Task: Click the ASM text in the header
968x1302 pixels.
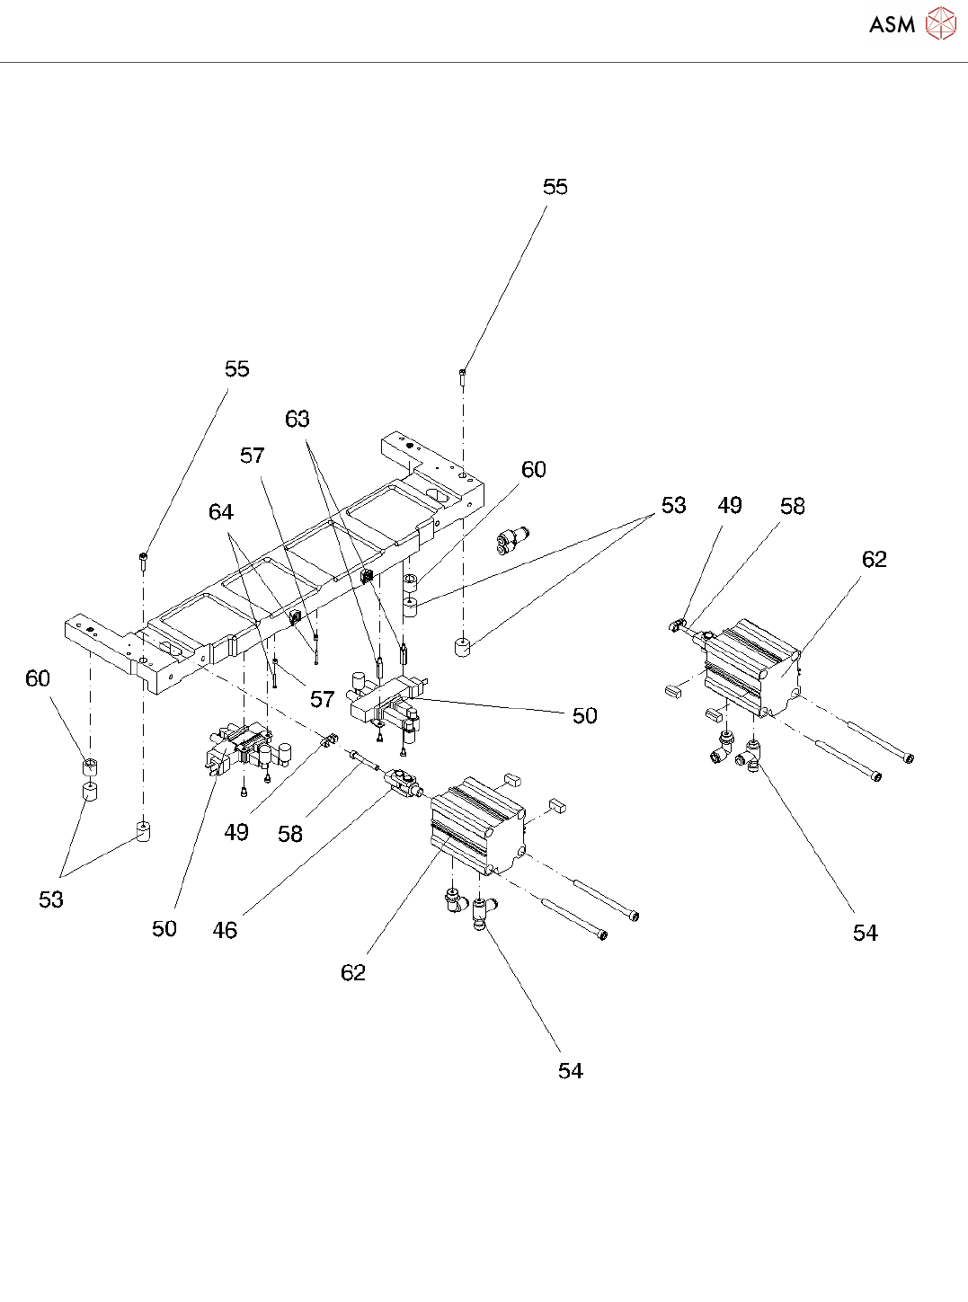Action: point(892,25)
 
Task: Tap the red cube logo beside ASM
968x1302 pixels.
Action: point(941,24)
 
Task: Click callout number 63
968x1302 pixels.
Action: point(298,420)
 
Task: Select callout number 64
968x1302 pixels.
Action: point(221,512)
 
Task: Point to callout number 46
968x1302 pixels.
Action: point(225,931)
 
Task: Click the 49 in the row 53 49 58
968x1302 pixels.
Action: point(730,506)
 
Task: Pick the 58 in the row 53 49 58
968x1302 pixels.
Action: point(793,507)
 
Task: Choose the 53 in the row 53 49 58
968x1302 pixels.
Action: point(674,506)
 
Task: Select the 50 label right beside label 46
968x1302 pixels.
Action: point(164,929)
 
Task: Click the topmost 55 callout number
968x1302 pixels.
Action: point(555,187)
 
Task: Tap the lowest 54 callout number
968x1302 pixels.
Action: point(571,1071)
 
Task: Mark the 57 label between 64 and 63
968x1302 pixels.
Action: point(253,456)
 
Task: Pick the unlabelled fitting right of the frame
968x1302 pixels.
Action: point(510,540)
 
